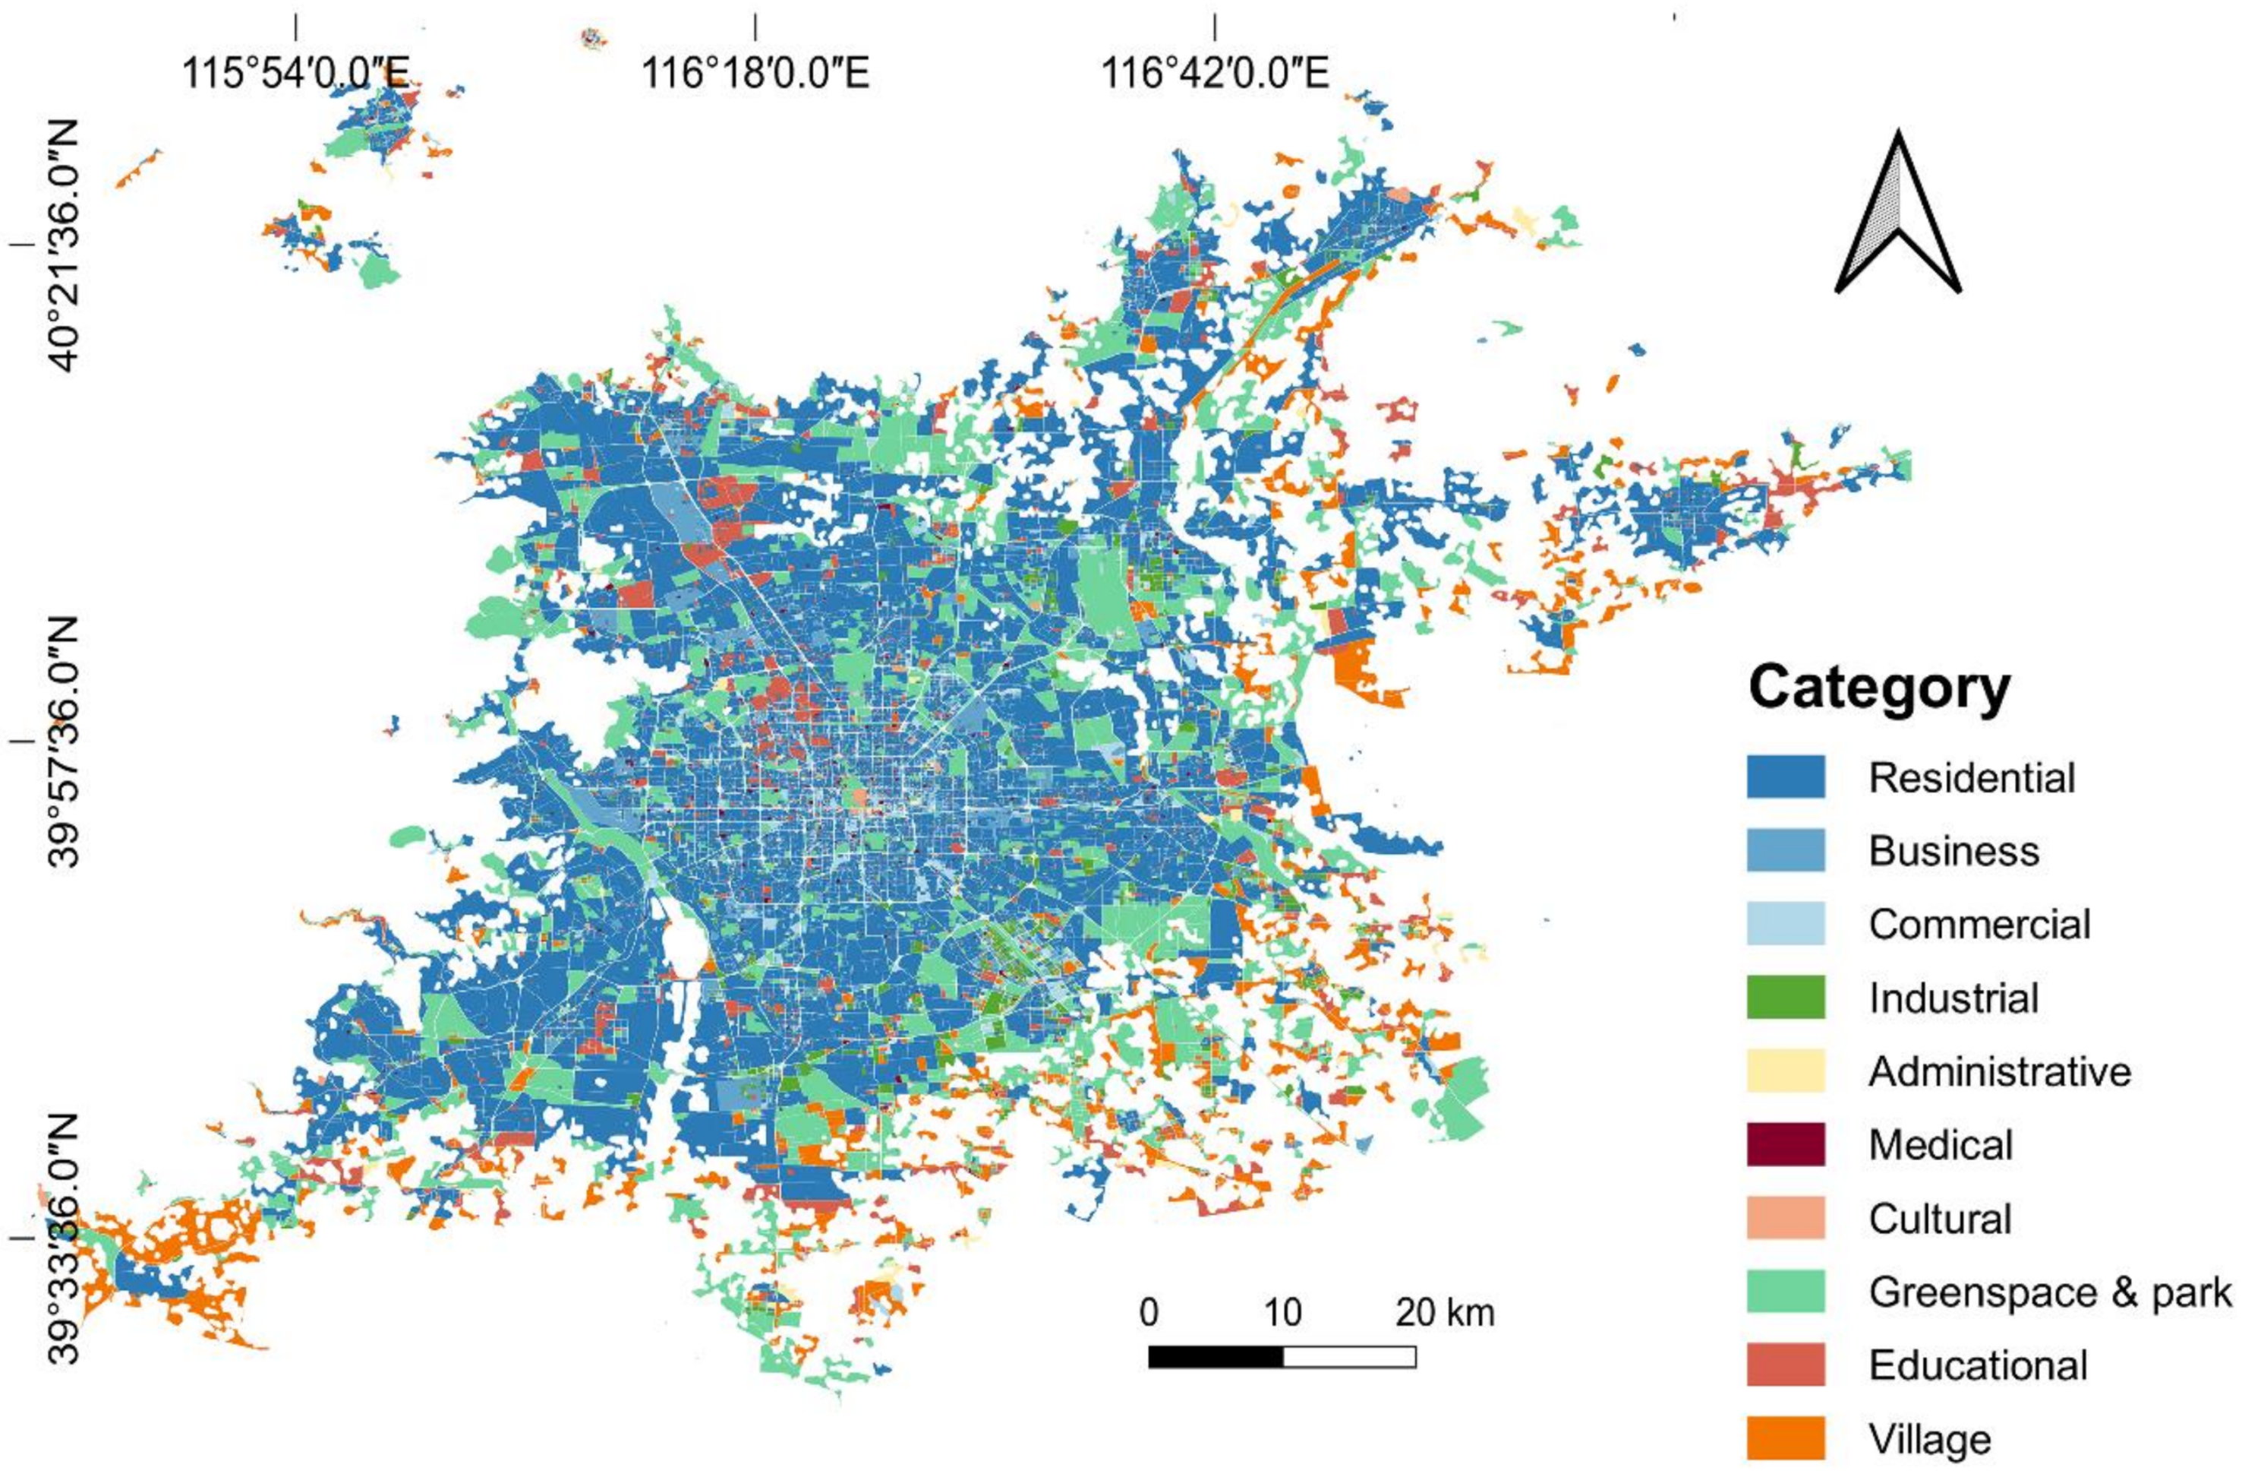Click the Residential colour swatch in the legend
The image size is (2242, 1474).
click(1785, 777)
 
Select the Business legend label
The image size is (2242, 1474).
click(1953, 851)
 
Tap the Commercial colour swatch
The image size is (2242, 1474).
click(1785, 924)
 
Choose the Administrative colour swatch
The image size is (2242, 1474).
click(1785, 1071)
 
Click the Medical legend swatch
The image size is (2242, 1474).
click(1785, 1144)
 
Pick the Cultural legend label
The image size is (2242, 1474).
click(1940, 1219)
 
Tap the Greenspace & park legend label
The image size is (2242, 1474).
click(2050, 1292)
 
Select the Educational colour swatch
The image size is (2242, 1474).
click(1785, 1365)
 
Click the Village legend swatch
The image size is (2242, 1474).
click(1785, 1438)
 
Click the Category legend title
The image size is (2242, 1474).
click(1879, 689)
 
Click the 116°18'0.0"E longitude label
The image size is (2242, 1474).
click(755, 73)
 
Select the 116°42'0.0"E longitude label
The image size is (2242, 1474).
click(1216, 73)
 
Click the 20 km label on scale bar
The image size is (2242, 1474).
click(1444, 1313)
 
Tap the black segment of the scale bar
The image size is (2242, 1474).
click(1216, 1357)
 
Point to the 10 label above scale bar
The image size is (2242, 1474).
click(1282, 1313)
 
